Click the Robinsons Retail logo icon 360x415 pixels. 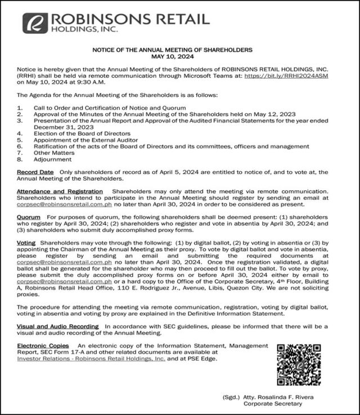click(x=35, y=23)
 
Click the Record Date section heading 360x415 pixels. click(x=35, y=172)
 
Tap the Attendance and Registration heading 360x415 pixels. click(x=60, y=191)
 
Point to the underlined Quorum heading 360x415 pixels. click(x=28, y=217)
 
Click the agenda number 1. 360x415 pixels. click(x=20, y=108)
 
